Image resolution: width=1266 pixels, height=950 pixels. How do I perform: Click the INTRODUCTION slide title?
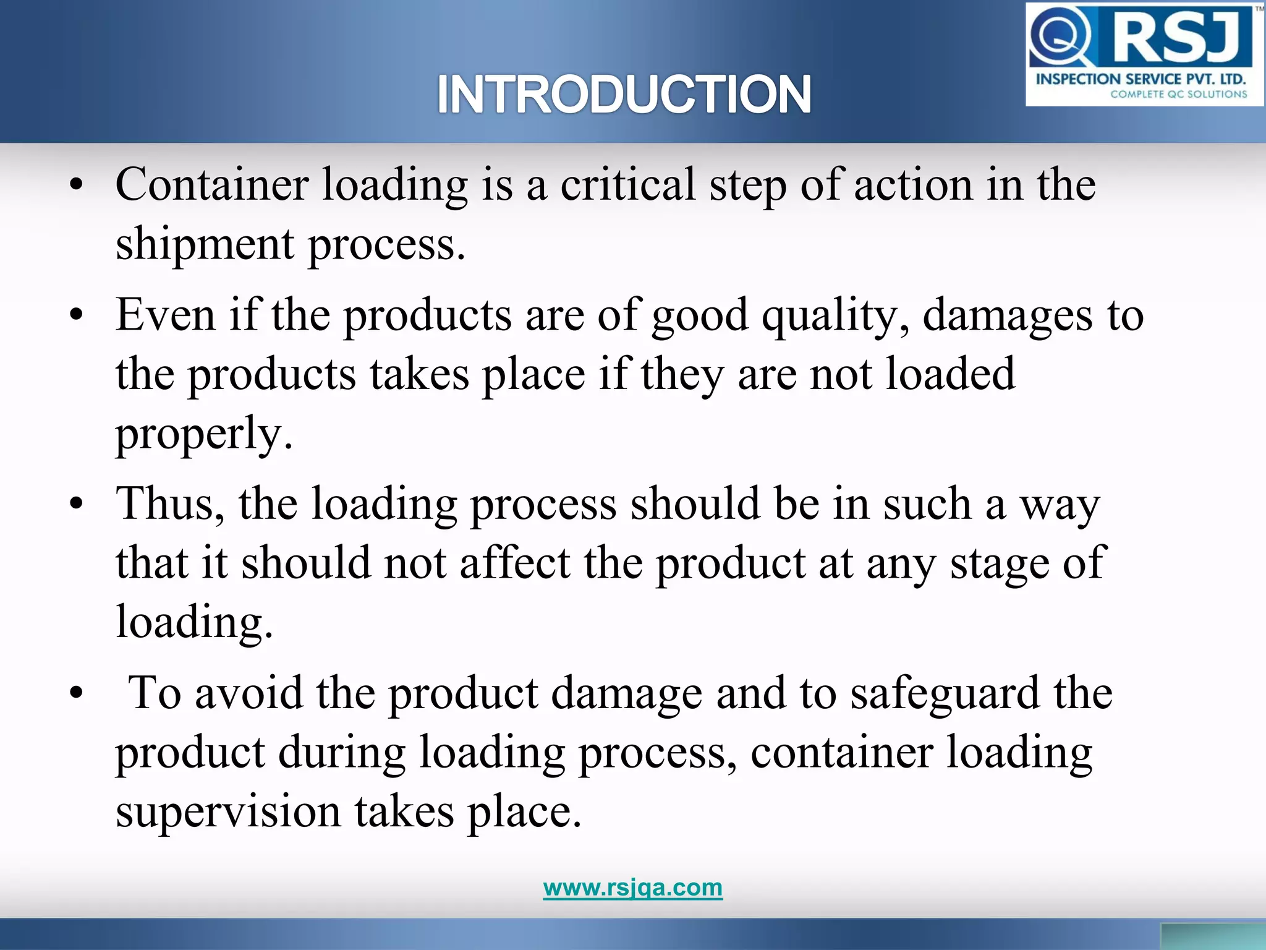coord(624,95)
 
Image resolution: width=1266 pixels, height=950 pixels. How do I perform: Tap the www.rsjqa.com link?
coord(632,888)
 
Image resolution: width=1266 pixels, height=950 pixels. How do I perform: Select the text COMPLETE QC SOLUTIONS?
coord(1178,95)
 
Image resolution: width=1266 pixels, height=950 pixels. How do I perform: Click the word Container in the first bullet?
coord(212,184)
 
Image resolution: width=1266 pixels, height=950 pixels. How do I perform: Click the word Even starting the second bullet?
coord(165,315)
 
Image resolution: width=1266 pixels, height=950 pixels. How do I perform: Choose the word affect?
coord(514,563)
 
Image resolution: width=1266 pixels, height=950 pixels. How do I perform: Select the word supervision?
coord(228,812)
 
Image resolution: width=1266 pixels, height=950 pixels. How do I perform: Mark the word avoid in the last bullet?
coord(249,693)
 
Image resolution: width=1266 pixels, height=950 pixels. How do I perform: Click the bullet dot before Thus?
coord(76,503)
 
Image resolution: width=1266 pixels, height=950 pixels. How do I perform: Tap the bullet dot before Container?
coord(76,184)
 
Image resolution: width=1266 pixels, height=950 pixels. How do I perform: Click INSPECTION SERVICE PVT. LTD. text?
coord(1141,79)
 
